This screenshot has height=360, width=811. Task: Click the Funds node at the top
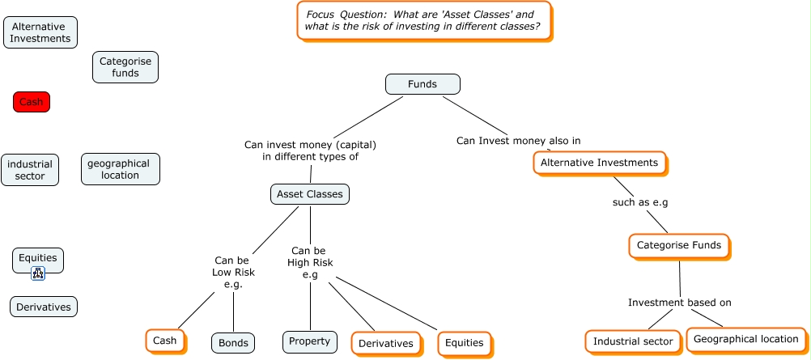click(422, 84)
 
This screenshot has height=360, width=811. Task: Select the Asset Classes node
click(309, 193)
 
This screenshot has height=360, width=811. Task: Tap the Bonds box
click(233, 342)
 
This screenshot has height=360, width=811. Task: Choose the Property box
click(309, 341)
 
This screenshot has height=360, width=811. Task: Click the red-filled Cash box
click(32, 102)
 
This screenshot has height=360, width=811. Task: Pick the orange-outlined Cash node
click(164, 341)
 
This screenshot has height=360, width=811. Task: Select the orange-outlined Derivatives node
click(385, 343)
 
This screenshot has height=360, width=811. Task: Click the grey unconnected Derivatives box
click(44, 307)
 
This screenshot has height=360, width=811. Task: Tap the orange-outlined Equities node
click(465, 343)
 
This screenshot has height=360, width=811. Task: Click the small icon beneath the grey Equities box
click(38, 274)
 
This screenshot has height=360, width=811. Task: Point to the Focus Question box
click(423, 20)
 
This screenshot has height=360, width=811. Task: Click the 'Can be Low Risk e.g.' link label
click(235, 273)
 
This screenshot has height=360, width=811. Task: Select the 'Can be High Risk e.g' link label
click(310, 263)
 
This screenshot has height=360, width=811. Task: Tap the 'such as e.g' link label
click(640, 202)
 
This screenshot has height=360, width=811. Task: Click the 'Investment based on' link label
click(679, 303)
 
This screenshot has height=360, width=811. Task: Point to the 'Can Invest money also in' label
click(518, 141)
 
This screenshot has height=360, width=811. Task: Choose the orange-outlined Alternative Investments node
click(599, 163)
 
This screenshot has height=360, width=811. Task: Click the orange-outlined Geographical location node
click(745, 339)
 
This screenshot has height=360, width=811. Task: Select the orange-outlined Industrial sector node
click(632, 341)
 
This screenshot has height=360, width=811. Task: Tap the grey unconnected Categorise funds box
click(125, 67)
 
